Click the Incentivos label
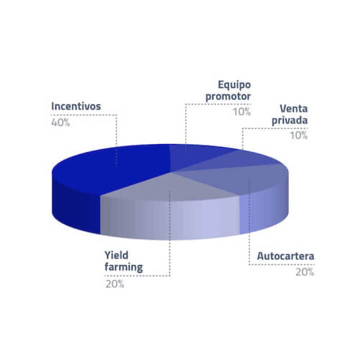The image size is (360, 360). [x=76, y=106]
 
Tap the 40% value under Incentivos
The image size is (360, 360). [x=60, y=122]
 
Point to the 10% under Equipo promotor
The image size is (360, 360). [x=241, y=111]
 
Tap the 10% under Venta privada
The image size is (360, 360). [x=298, y=135]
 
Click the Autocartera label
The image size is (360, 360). [x=285, y=257]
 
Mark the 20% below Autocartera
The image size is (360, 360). [x=304, y=272]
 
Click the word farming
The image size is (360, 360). [x=123, y=267]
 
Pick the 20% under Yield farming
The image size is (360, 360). [x=114, y=284]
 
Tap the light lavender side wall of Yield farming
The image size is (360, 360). [x=170, y=220]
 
